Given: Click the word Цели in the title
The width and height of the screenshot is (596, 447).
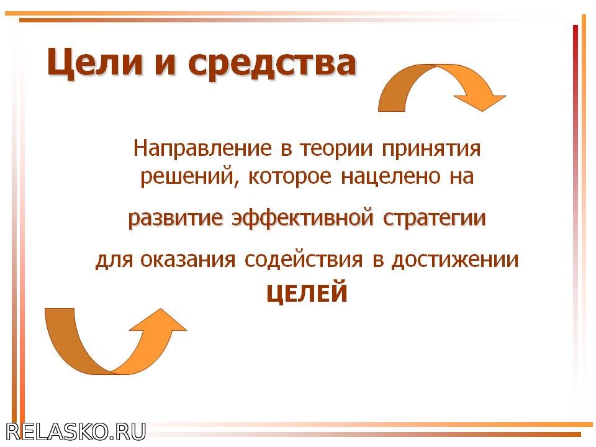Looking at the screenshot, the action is point(94,63).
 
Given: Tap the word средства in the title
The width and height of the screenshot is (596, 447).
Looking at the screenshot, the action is point(272,64).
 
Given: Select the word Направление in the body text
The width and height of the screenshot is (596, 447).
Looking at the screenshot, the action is point(202,148).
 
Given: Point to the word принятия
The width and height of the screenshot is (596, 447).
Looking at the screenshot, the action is point(431,149).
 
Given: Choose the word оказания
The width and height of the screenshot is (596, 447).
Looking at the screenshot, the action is point(187,260).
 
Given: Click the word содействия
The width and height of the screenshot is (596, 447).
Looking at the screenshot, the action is point(304,260).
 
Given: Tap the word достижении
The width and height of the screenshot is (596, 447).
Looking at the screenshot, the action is point(455,260).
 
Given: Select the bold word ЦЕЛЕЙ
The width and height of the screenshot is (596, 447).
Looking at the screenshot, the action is point(307,292).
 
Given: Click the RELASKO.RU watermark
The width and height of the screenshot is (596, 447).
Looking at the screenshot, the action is point(76,432).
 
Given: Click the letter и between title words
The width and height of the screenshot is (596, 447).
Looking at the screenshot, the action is point(165,64).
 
